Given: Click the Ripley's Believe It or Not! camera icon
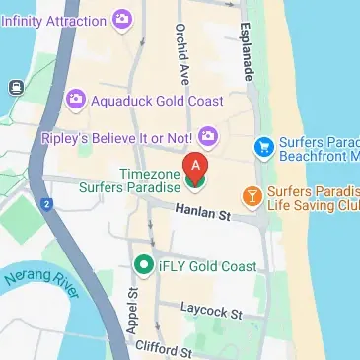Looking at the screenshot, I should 208,135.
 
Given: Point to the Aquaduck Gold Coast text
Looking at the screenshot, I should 157,101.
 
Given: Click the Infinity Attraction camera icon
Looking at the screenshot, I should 122,18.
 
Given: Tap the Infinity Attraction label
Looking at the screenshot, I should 53,19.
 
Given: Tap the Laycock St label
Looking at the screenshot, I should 212,312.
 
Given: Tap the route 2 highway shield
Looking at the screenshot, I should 45,203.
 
